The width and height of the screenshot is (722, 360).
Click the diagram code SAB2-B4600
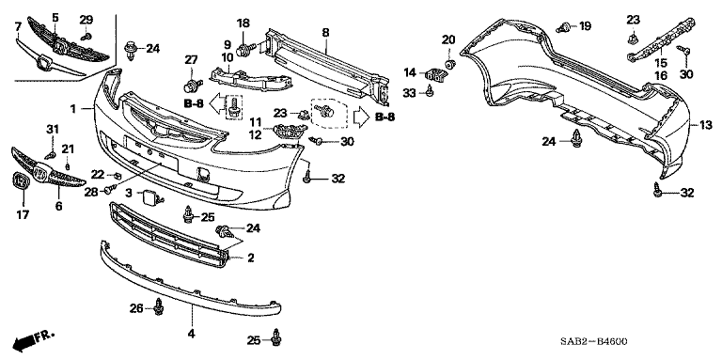[x=593, y=341]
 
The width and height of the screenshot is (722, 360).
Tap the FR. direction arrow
[x=34, y=339]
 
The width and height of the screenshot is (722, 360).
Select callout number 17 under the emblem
[x=23, y=214]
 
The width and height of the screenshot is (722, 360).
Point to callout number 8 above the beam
[x=326, y=32]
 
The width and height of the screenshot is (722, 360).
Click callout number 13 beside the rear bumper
[x=706, y=124]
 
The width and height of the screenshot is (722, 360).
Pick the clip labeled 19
[x=562, y=27]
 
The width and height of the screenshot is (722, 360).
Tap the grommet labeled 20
[x=450, y=62]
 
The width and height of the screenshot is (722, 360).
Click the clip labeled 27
[x=193, y=86]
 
